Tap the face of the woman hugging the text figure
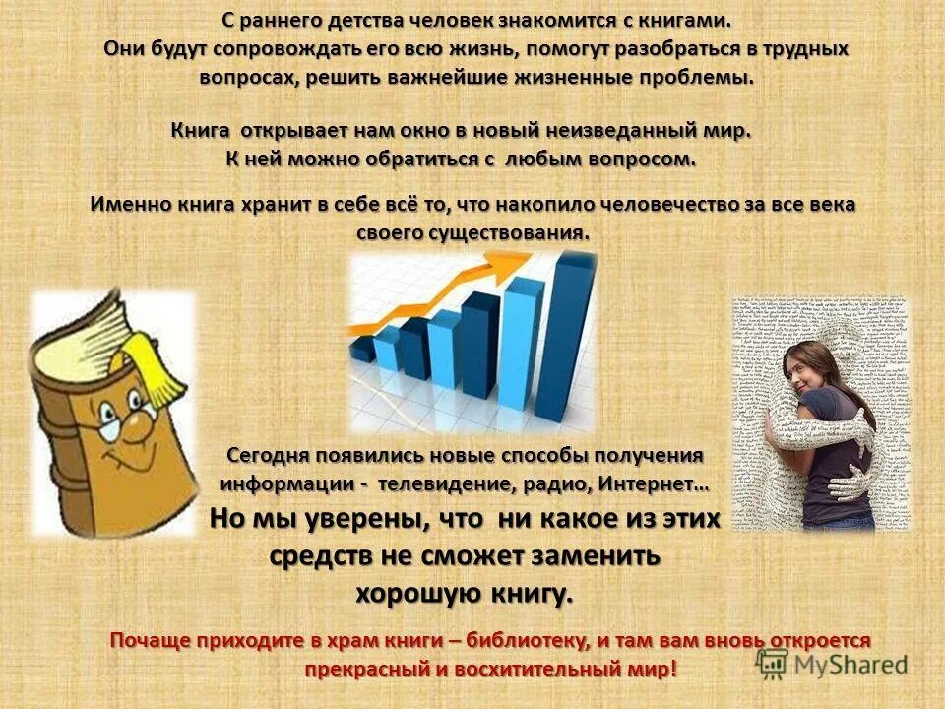point(805,369)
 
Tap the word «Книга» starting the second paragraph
point(201,131)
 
